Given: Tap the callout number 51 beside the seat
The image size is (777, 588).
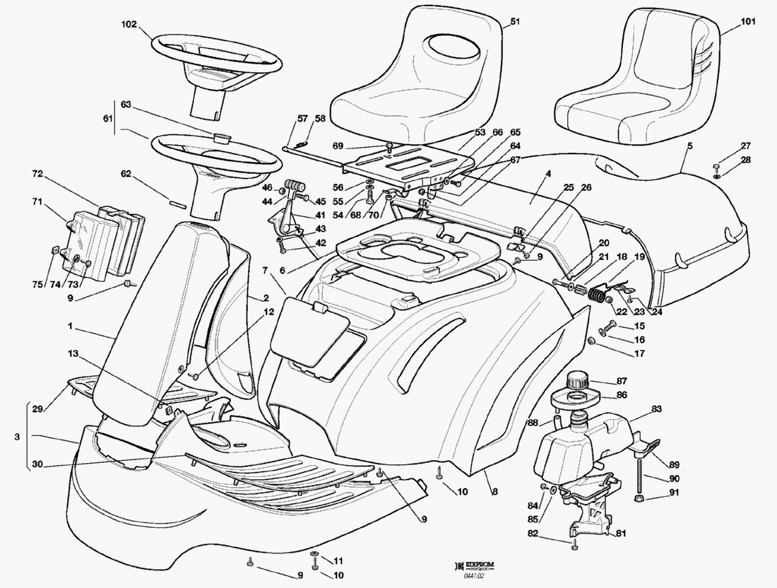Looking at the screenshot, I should [514, 22].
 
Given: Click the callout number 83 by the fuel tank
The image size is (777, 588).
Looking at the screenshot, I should [656, 409].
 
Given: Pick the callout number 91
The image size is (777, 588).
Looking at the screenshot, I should [674, 493].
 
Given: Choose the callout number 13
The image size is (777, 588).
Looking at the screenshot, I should [74, 353].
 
